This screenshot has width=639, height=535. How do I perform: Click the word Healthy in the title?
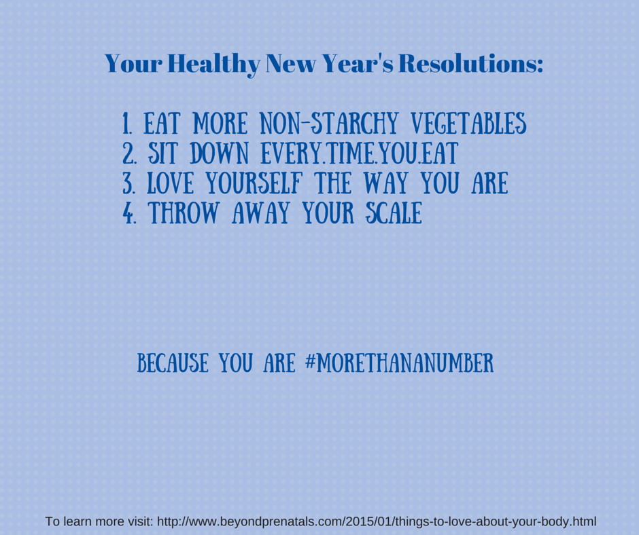point(214,64)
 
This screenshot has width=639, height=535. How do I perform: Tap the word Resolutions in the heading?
point(470,64)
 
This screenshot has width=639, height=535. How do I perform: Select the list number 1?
point(126,124)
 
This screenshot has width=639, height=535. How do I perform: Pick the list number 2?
point(129,153)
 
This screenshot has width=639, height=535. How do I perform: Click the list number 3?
point(128,183)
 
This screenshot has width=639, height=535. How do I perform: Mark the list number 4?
point(129,213)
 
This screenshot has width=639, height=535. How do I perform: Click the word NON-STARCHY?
point(329,124)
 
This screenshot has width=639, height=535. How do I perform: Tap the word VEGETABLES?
point(468,124)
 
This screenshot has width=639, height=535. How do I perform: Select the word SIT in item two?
point(162,153)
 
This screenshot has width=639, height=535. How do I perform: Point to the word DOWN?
point(220,153)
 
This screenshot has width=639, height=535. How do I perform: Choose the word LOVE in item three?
point(170,183)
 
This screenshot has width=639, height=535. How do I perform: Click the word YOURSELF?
point(254,183)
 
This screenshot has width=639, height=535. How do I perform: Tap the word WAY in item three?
point(385,183)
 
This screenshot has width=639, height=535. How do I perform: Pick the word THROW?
point(184,213)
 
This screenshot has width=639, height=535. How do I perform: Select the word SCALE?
point(394,213)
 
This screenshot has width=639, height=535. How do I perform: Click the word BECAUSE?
point(173,363)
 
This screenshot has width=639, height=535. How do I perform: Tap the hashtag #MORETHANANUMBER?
point(400,363)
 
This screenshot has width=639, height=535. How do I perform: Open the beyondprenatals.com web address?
point(377,521)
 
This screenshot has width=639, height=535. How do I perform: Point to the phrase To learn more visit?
point(99,521)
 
